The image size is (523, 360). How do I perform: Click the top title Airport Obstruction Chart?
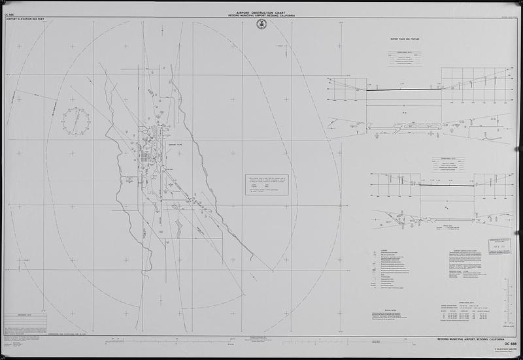[x=261, y=12]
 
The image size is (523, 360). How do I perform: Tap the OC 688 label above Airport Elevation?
[x=9, y=14]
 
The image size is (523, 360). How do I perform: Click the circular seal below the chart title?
[x=261, y=24]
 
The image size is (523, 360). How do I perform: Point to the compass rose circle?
[x=76, y=122]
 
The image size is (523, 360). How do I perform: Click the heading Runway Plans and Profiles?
[x=404, y=39]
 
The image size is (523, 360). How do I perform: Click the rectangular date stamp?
[x=501, y=244]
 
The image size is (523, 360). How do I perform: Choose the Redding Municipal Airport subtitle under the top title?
[x=261, y=16]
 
